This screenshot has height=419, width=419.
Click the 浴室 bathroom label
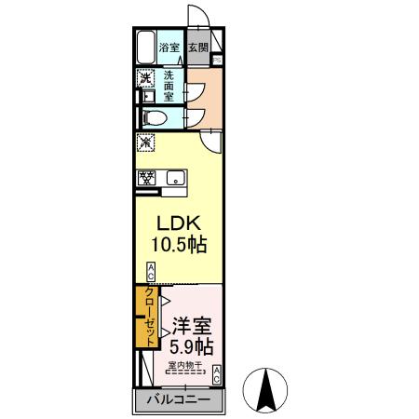[x=168, y=47]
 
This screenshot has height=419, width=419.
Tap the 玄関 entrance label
[x=197, y=47]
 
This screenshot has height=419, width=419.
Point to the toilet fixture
[x=155, y=117]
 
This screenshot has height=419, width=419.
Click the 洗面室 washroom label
[x=169, y=86]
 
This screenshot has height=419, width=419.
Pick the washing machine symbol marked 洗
[x=145, y=78]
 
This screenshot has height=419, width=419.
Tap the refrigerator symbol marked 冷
[x=145, y=143]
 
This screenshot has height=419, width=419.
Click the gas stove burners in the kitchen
[x=146, y=177]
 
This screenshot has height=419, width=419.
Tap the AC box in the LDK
[x=151, y=273]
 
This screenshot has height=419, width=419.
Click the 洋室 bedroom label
[x=192, y=328]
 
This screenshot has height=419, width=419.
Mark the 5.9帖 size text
[x=191, y=348]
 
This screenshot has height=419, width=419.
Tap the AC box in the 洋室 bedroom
[x=216, y=375]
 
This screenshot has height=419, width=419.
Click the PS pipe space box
[x=216, y=61]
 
